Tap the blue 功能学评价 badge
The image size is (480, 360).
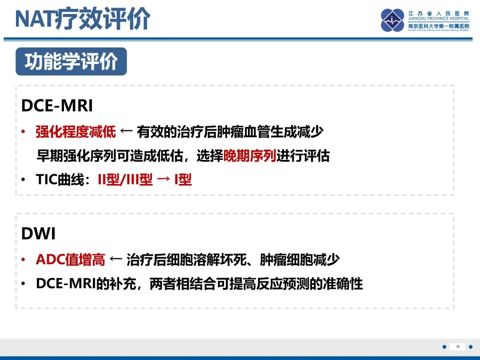click(71, 62)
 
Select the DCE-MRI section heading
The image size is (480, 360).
click(57, 106)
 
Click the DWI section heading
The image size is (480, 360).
click(38, 234)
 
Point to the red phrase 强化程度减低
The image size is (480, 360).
click(76, 132)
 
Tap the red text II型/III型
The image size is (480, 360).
click(125, 180)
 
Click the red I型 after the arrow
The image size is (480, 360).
click(183, 180)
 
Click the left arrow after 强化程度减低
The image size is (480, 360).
click(126, 132)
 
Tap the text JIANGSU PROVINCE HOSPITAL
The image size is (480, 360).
click(439, 19)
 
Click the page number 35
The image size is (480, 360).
click(458, 347)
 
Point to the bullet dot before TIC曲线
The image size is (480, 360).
click(24, 180)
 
